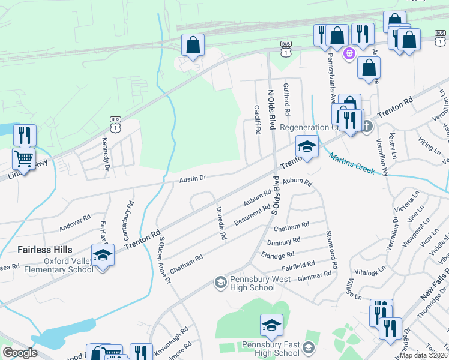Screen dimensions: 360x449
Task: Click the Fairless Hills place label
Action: pyautogui.click(x=37, y=250)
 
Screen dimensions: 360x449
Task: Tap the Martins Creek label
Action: pyautogui.click(x=352, y=163)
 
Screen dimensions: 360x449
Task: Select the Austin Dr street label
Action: pyautogui.click(x=193, y=178)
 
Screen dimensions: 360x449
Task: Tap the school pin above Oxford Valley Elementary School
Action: pyautogui.click(x=103, y=255)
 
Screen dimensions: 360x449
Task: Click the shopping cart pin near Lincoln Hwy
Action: pyautogui.click(x=23, y=159)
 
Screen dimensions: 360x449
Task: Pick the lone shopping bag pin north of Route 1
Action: pyautogui.click(x=193, y=45)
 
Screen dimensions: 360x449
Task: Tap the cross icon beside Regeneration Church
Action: pyautogui.click(x=367, y=127)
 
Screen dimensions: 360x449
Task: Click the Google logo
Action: pyautogui.click(x=20, y=353)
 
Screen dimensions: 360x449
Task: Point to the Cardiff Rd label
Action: pyautogui.click(x=257, y=119)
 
